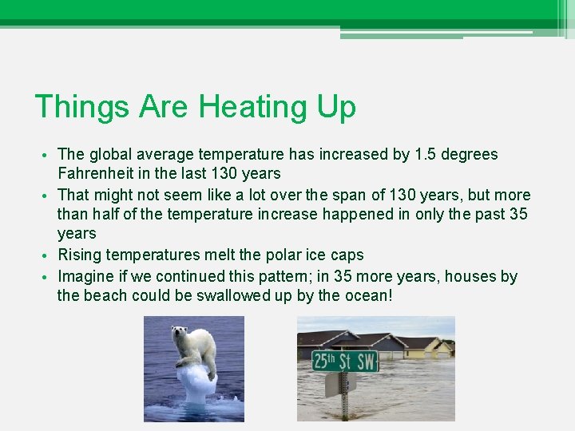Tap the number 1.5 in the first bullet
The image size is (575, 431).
click(429, 154)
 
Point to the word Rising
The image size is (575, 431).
click(80, 255)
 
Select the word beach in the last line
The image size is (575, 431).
click(107, 296)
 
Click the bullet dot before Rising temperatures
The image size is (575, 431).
click(47, 256)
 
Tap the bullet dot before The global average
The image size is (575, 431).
click(47, 155)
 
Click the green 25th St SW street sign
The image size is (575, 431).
click(344, 362)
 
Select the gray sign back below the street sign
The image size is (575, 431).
click(333, 385)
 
